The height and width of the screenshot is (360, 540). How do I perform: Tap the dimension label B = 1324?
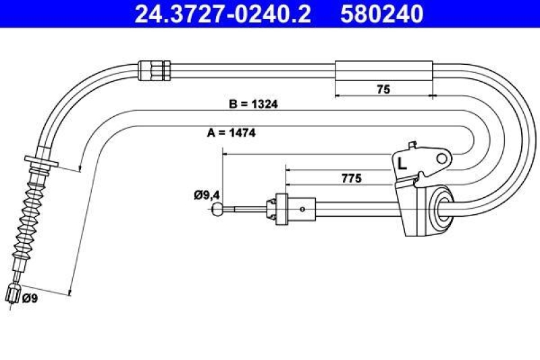click(x=254, y=105)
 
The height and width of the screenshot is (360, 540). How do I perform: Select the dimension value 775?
click(x=351, y=178)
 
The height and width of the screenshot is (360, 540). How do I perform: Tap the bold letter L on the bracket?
click(x=402, y=163)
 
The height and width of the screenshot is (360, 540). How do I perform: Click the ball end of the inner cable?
click(x=217, y=210)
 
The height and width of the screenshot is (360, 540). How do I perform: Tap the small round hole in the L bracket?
click(x=442, y=158)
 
